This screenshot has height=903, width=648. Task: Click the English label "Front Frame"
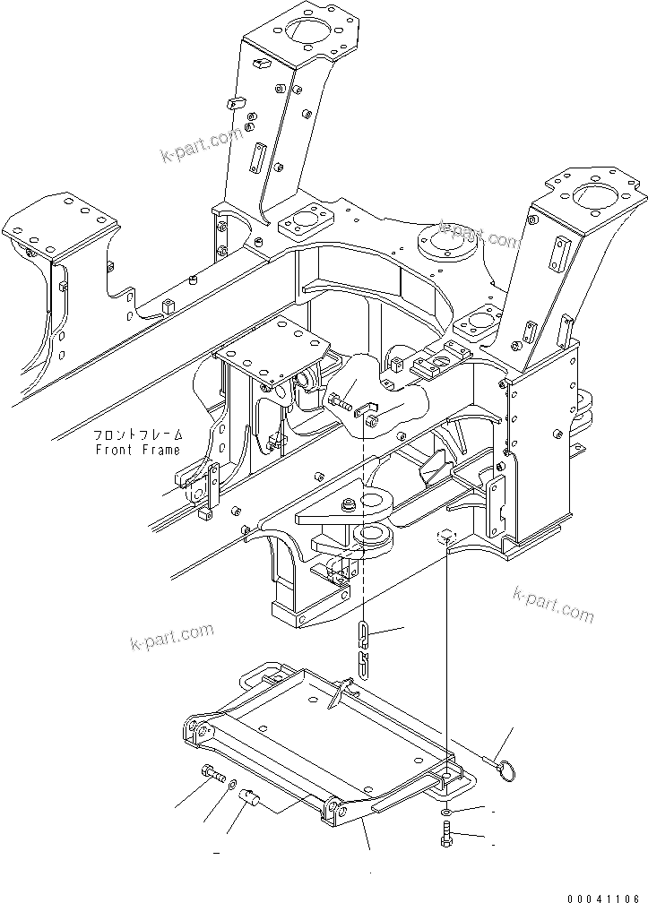click(137, 450)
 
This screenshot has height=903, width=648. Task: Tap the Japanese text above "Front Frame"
click(137, 435)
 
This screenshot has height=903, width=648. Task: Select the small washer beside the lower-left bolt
click(232, 785)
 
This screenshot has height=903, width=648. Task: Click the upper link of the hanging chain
click(362, 634)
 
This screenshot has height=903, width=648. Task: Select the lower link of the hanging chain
click(363, 664)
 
